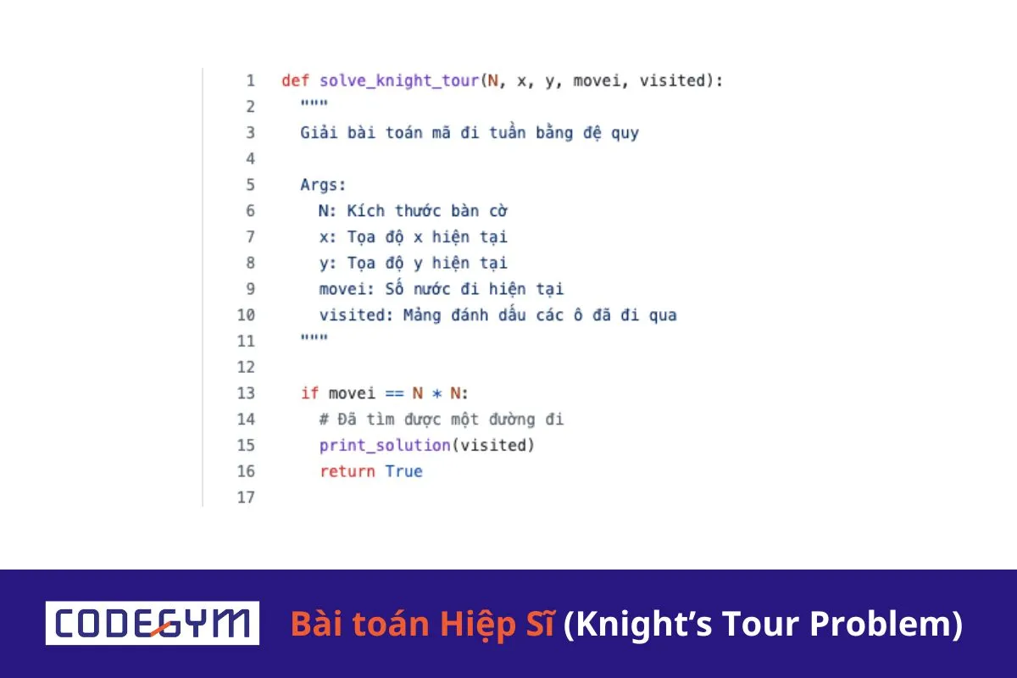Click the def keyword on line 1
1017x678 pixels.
295,81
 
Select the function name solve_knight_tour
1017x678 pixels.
399,81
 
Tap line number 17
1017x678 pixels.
246,497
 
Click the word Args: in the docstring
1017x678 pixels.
324,186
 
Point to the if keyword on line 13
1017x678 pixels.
309,393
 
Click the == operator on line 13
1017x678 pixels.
394,393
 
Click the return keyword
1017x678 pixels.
347,471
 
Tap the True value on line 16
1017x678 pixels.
403,471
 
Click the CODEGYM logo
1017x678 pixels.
153,623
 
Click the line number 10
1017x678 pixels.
246,315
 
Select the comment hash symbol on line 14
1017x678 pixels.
324,420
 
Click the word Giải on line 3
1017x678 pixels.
319,133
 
